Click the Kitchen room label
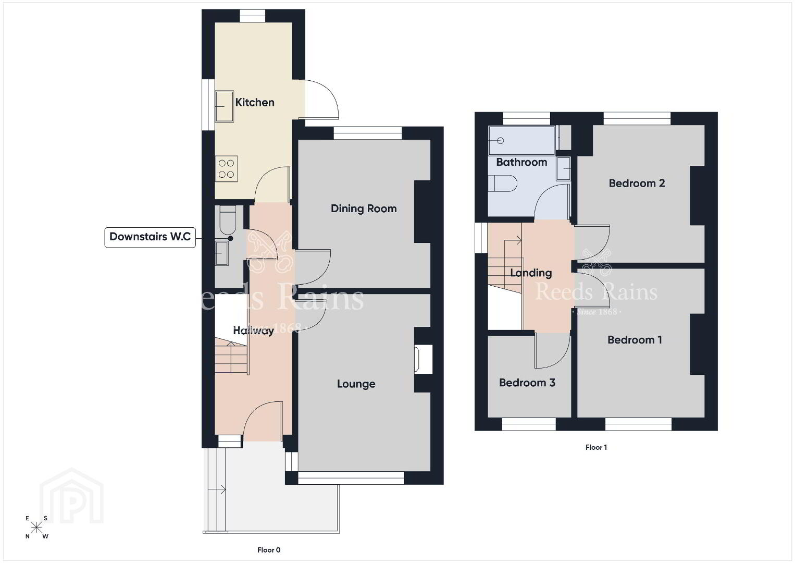(x=254, y=102)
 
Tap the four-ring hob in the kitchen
(x=226, y=169)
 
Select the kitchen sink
(x=225, y=106)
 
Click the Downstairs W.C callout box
(x=150, y=237)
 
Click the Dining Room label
(x=364, y=209)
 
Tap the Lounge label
(x=356, y=384)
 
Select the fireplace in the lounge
(x=423, y=359)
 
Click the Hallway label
(x=253, y=331)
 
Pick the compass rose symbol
(x=36, y=528)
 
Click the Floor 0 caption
(x=269, y=550)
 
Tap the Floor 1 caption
(x=596, y=447)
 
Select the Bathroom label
(x=521, y=162)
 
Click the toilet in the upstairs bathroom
(x=503, y=183)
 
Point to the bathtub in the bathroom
(x=521, y=140)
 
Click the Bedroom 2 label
(x=637, y=183)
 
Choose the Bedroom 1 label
(x=635, y=340)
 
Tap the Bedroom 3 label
(x=527, y=383)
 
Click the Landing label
(x=531, y=273)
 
